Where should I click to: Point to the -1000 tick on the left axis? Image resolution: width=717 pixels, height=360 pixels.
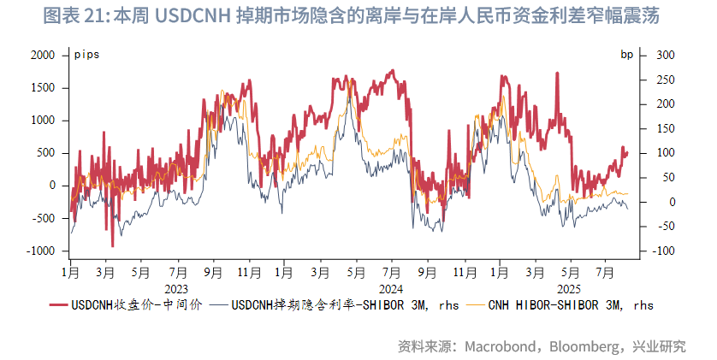point(40,251)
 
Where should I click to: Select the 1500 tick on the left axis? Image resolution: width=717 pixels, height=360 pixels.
point(43,87)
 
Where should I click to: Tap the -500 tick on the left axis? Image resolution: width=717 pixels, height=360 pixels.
point(43,218)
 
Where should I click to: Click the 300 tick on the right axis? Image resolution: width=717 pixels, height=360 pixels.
point(665,55)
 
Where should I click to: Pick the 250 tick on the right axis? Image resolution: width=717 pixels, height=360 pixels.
point(665,80)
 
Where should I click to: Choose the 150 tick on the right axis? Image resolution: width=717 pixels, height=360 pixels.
point(665,128)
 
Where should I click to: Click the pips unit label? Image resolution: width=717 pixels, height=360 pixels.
point(86,55)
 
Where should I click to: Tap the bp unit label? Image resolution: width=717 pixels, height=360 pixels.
point(626,55)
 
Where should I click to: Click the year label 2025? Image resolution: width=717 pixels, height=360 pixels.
point(568,288)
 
